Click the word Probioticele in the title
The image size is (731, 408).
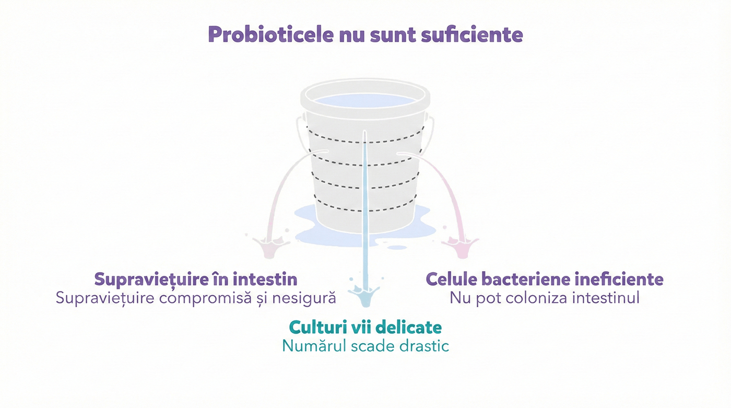click(x=271, y=34)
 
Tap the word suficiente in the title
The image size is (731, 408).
click(x=472, y=34)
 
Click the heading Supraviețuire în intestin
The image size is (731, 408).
click(x=196, y=279)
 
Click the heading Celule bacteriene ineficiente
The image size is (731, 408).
click(x=544, y=279)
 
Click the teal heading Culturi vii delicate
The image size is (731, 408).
click(x=365, y=327)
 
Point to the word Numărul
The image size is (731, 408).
click(x=314, y=346)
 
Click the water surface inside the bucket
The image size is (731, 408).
click(x=365, y=100)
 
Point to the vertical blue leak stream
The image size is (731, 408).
click(x=365, y=209)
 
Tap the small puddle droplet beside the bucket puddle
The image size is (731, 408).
click(x=396, y=248)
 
